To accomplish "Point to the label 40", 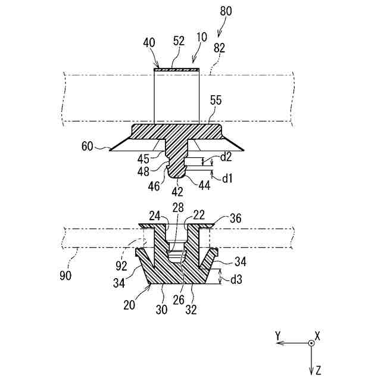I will tap(149, 43).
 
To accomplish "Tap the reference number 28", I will tap(178, 207).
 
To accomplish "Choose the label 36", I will tap(235, 218).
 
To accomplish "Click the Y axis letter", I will tap(277, 336).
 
